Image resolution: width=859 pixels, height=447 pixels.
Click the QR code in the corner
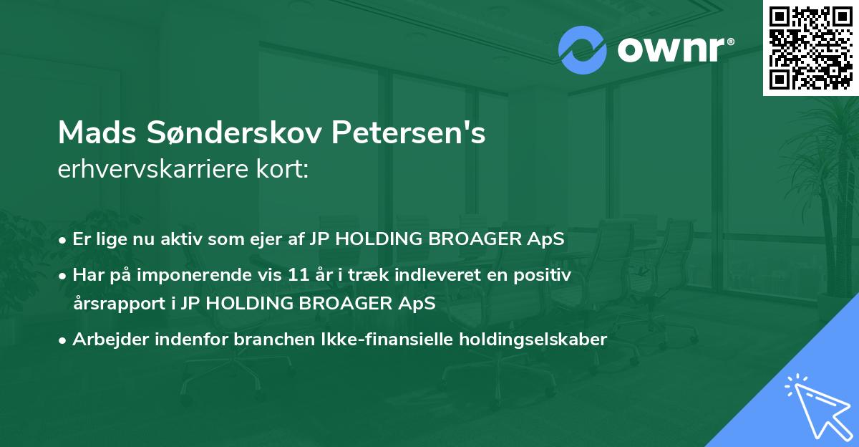coord(810,47)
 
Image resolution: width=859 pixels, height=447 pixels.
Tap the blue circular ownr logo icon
coord(583,50)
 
